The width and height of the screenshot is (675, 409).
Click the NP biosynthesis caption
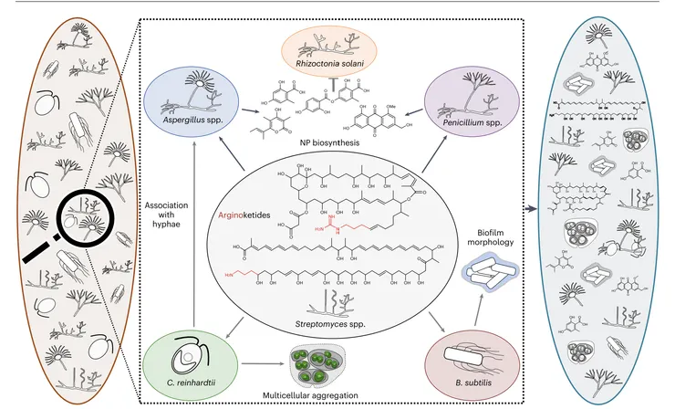(340, 144)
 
